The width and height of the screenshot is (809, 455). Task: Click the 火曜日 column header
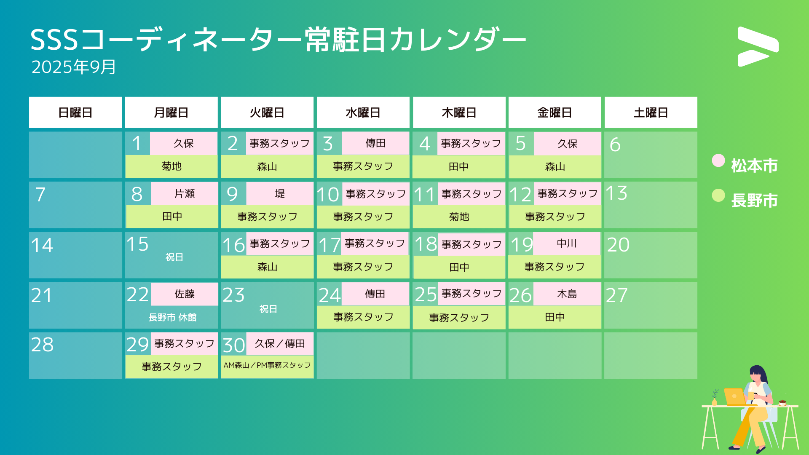[x=267, y=112]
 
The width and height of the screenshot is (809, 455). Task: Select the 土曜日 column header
[x=651, y=112]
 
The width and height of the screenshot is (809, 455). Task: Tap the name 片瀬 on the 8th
[x=185, y=193]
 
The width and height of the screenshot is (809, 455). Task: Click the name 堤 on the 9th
[x=280, y=193]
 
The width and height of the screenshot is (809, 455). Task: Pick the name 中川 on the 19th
[x=567, y=244]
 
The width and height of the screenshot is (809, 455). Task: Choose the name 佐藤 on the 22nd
[x=185, y=294]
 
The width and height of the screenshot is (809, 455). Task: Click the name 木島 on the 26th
[x=567, y=294]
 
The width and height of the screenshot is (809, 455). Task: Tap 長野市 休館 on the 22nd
[x=172, y=317]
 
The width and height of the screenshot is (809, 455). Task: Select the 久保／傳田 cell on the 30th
[x=280, y=344]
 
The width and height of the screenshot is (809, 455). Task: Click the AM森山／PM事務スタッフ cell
[x=267, y=365]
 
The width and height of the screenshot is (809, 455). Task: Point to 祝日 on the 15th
[x=174, y=257]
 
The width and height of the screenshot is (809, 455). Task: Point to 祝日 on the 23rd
[x=268, y=309]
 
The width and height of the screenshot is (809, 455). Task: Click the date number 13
[x=616, y=193]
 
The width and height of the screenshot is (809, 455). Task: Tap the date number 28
[x=42, y=345]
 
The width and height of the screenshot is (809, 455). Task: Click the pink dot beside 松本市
[x=718, y=161]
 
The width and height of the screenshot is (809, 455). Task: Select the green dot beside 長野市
[x=718, y=195]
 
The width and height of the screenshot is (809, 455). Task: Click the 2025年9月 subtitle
[x=74, y=67]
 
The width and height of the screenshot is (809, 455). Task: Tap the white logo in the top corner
[x=758, y=46]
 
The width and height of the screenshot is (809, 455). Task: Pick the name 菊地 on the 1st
[x=171, y=166]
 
